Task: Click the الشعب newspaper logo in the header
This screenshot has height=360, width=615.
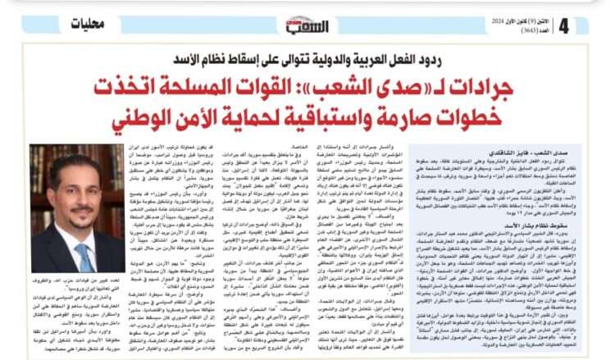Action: point(307,25)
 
